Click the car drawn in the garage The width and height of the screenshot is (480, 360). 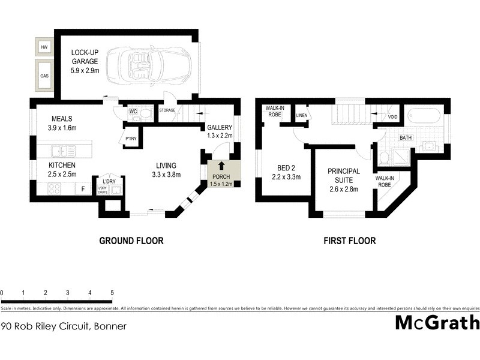point(148,64)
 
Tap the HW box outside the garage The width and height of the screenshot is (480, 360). point(44,47)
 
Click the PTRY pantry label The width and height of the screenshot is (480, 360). point(131,139)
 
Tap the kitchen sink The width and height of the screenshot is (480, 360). point(62,151)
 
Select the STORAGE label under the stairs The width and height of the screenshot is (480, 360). point(167,110)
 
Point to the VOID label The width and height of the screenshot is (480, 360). point(393,117)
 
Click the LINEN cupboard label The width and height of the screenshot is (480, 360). point(301,115)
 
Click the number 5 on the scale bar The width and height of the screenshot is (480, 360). point(112,293)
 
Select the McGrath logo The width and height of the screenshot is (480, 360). point(437,322)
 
